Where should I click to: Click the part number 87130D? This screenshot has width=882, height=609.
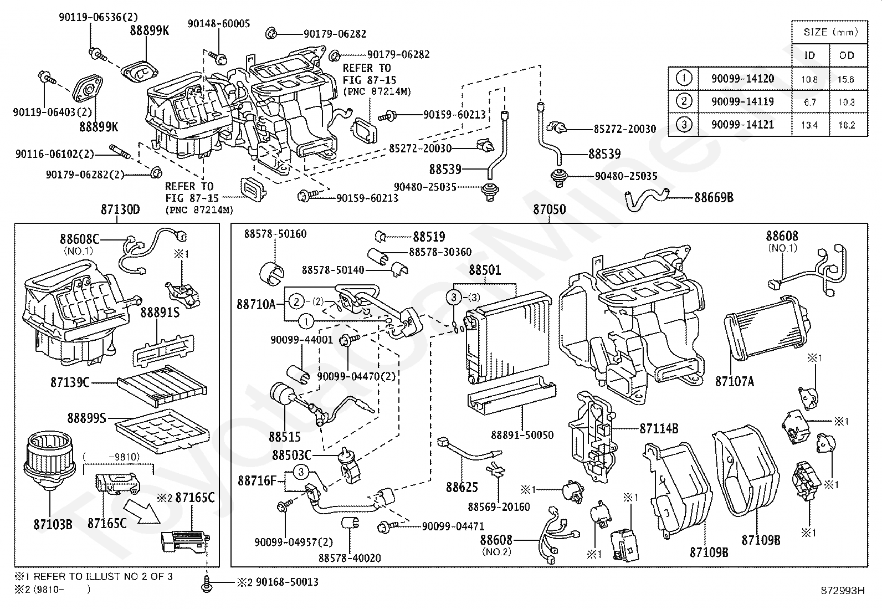120,209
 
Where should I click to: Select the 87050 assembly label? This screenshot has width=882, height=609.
549,209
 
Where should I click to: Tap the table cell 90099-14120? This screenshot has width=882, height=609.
742,79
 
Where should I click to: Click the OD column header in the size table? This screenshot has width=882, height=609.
847,55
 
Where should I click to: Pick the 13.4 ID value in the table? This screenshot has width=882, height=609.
809,125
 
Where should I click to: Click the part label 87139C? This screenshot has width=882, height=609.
70,382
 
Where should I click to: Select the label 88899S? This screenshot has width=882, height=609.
86,418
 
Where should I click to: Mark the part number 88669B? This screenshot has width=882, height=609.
714,197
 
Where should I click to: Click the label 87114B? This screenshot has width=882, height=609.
659,428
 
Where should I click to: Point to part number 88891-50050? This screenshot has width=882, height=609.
522,435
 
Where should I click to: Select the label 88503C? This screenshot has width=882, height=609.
291,455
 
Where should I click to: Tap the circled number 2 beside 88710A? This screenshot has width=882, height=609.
297,302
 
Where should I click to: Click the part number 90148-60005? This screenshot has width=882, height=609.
219,23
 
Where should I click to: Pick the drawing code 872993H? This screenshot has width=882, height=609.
843,590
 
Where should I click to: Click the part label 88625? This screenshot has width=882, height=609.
462,487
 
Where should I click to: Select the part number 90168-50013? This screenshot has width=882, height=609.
286,582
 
